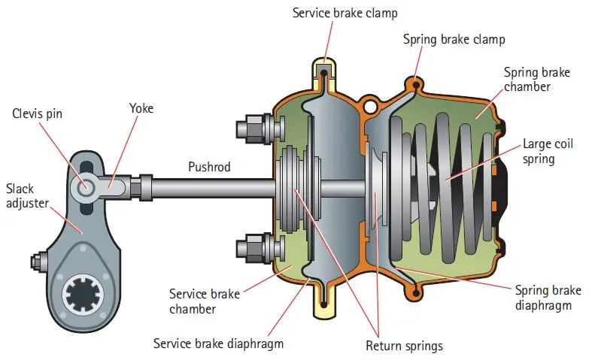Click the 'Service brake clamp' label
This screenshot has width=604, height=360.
click(x=335, y=13)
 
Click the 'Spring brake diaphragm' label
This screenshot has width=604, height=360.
click(x=548, y=297)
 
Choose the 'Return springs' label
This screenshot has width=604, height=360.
click(x=404, y=346)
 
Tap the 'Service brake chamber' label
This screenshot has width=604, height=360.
click(x=205, y=301)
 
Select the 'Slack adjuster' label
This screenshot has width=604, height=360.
click(x=27, y=195)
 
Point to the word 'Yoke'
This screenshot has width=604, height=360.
click(x=141, y=108)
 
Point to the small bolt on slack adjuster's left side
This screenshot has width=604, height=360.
click(x=35, y=262)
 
